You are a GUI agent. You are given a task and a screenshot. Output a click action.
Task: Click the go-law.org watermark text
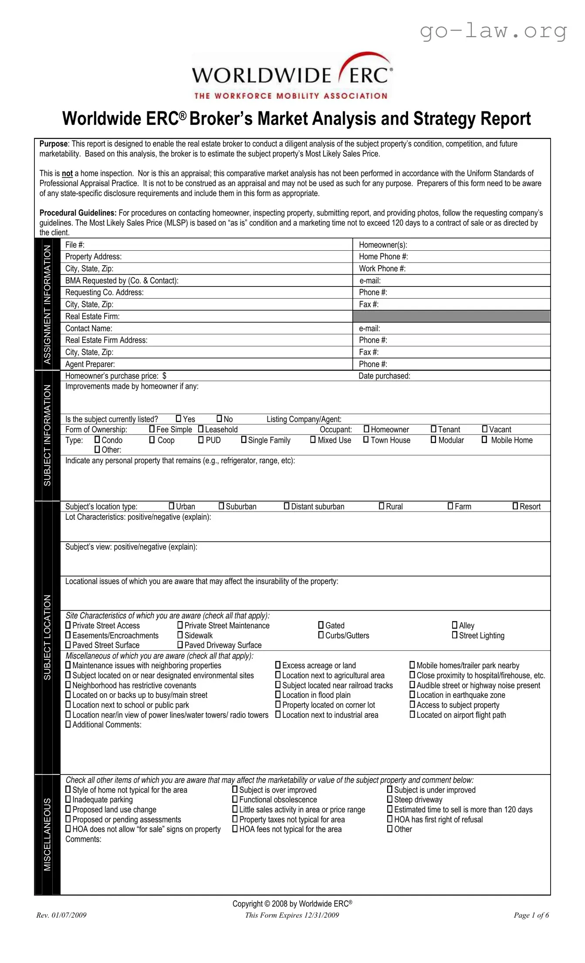[493, 31]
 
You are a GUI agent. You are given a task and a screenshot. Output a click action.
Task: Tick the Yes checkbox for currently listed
[179, 418]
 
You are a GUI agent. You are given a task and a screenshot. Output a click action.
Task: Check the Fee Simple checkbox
[152, 429]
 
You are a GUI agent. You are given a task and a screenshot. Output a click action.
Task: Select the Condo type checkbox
[97, 440]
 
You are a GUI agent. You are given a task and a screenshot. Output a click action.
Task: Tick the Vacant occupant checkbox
[485, 429]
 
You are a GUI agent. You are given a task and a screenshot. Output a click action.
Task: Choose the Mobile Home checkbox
[484, 440]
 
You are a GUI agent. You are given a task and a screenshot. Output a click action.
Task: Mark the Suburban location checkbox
[221, 506]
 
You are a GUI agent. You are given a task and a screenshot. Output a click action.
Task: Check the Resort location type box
[515, 506]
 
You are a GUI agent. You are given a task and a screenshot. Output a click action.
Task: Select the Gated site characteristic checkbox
[321, 625]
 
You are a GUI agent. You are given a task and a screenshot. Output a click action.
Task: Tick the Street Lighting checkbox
[455, 635]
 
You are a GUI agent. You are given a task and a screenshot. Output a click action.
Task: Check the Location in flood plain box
[278, 695]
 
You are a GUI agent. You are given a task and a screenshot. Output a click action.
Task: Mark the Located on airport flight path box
[412, 715]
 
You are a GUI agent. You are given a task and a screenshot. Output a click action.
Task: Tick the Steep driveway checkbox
[390, 799]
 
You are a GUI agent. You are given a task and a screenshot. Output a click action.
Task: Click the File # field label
[75, 245]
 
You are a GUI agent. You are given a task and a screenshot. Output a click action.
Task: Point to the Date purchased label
[384, 376]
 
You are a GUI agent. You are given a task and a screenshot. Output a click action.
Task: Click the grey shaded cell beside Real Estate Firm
[451, 316]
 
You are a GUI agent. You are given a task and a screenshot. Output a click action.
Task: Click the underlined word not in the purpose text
[67, 173]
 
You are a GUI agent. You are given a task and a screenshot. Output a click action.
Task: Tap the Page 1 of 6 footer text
[531, 915]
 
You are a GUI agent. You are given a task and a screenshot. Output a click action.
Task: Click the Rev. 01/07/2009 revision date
[61, 915]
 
